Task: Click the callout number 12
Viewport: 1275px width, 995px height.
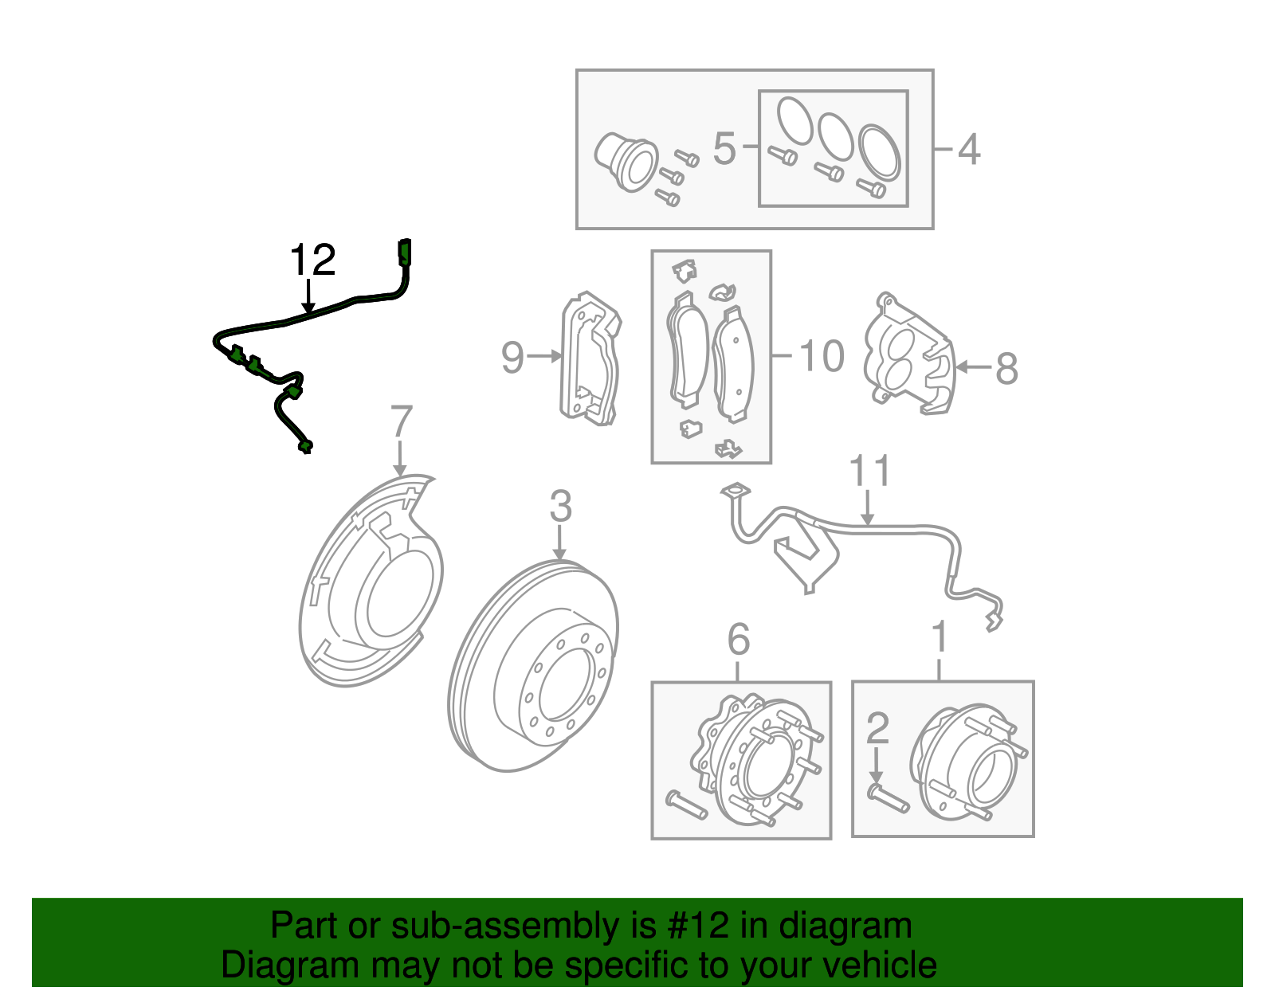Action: pos(312,261)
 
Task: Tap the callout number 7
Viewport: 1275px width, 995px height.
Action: pos(401,421)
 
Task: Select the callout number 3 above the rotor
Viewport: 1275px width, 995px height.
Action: pos(560,507)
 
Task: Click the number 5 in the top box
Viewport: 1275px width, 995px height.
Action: pos(724,149)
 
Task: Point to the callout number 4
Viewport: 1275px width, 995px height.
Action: pos(968,149)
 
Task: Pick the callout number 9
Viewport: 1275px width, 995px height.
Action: pos(512,357)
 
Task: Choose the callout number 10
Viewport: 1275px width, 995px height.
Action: pos(821,356)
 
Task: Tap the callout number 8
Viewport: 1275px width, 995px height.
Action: pos(1006,369)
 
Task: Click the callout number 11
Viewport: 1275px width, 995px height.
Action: pos(869,472)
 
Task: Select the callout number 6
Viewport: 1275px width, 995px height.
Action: pos(739,639)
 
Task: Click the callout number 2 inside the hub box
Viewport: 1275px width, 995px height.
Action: pos(877,728)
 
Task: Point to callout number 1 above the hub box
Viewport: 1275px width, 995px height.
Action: pos(940,637)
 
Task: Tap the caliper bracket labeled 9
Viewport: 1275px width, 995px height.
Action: pos(590,358)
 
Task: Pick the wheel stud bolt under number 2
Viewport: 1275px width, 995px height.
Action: pos(888,798)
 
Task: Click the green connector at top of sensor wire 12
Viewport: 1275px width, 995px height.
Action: pos(404,251)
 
